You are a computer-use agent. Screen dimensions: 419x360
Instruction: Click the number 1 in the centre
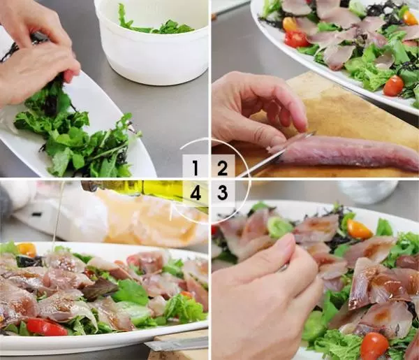[196, 168]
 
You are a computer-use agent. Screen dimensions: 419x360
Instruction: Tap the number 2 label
[222, 168]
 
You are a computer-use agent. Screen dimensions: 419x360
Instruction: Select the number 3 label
[223, 193]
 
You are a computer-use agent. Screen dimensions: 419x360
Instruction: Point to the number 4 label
[196, 193]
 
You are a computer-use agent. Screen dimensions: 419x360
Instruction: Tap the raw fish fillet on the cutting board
[345, 154]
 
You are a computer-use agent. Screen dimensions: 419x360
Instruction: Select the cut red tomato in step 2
[295, 39]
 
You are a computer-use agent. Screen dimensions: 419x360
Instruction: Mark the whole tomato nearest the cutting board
[393, 85]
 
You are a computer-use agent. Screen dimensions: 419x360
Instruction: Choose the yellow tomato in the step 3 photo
[359, 229]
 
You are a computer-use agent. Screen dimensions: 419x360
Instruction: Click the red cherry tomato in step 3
[374, 346]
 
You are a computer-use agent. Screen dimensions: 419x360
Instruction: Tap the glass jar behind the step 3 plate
[368, 192]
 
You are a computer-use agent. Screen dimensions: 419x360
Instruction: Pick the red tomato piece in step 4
[46, 327]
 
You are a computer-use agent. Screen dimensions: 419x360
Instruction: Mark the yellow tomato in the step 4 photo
[27, 250]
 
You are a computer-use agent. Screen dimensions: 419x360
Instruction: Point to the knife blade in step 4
[177, 344]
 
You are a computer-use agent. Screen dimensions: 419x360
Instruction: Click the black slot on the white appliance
[36, 214]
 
